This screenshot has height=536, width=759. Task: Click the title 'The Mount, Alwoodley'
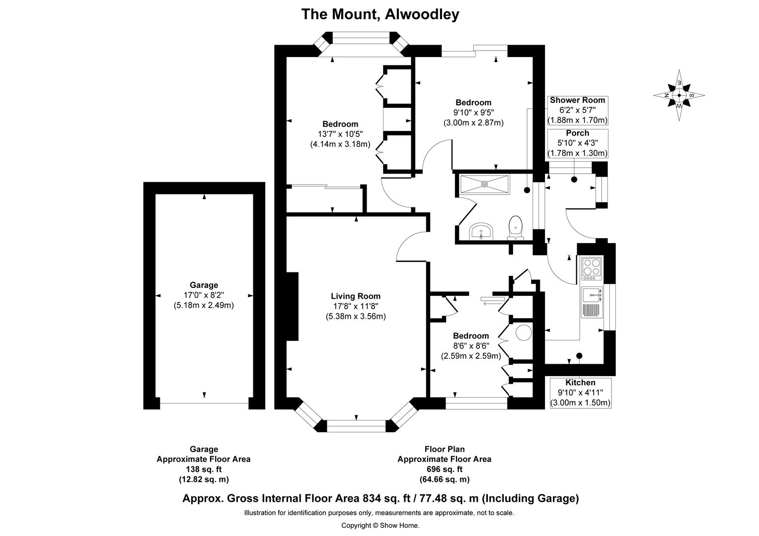point(380,14)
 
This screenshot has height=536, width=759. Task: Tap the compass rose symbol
point(679,95)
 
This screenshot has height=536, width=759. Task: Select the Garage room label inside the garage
point(204,285)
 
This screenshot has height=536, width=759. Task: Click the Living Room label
point(356,296)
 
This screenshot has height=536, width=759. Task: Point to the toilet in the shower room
point(516,227)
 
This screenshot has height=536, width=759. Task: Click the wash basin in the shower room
point(481,231)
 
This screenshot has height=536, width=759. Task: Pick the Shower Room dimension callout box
point(577,110)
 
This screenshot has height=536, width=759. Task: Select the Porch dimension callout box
point(577,143)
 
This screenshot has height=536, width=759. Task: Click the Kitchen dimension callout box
point(580,393)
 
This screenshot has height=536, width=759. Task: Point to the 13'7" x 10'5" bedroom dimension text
point(340,134)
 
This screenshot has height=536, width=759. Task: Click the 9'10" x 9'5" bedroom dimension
point(473,113)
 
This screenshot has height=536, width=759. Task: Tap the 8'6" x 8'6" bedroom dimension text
point(470,346)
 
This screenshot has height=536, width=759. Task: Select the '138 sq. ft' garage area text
point(204,469)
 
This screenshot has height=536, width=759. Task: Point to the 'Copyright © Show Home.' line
point(380,525)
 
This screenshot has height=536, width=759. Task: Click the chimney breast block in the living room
point(292,306)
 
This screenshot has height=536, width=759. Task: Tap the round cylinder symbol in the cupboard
point(523,333)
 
